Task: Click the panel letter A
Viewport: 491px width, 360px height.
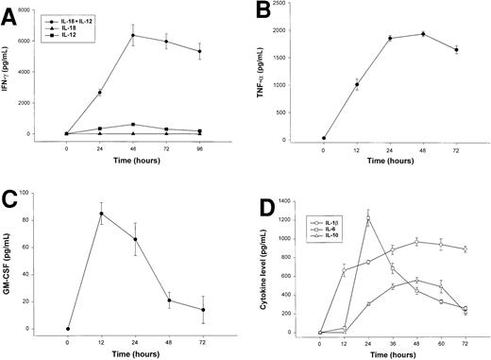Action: pos(10,12)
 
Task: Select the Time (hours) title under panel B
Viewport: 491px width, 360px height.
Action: pos(390,162)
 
